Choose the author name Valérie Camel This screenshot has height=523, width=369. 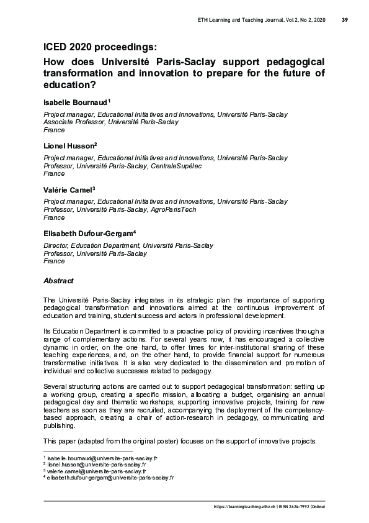(67, 189)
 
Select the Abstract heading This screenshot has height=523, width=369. (58, 281)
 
